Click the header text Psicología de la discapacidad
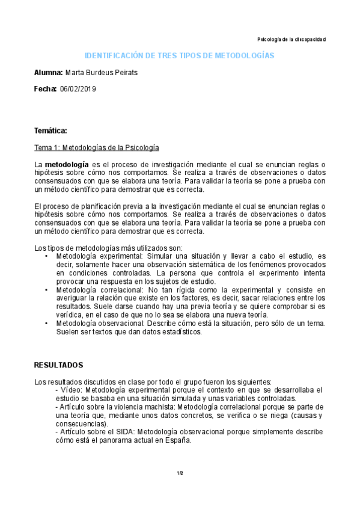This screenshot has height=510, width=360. tap(291, 39)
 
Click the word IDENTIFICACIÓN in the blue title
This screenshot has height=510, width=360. tap(113, 55)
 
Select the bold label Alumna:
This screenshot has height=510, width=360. tap(48, 73)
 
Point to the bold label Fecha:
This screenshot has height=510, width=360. tap(45, 89)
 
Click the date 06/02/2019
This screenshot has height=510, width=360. tap(78, 89)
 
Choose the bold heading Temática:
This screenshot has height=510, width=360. tap(50, 131)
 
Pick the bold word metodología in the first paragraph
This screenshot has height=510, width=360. tap(66, 164)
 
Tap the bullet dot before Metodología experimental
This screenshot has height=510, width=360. tap(46, 256)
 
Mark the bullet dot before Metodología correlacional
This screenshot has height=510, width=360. tap(46, 289)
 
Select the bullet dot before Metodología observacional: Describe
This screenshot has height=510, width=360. tap(46, 323)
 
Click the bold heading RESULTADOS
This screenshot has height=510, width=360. tap(58, 365)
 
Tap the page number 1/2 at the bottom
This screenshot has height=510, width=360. tap(180, 473)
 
